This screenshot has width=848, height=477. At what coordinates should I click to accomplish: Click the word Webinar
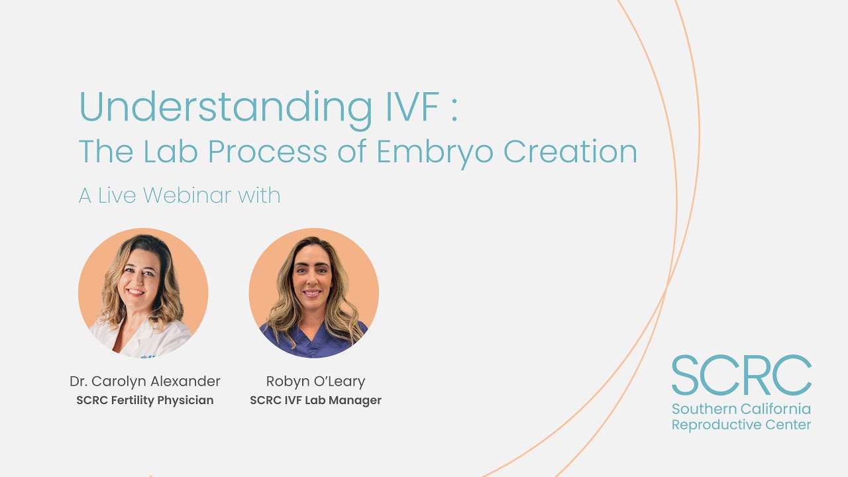187,195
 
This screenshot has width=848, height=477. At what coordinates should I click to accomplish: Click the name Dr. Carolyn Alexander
144,382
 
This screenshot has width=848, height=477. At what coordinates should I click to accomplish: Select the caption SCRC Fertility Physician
144,401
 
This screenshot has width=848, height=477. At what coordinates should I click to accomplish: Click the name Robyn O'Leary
315,382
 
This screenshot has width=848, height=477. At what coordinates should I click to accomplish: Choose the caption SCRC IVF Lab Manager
315,401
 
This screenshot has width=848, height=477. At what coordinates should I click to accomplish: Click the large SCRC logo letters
741,376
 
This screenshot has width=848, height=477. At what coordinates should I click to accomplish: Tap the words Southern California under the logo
741,409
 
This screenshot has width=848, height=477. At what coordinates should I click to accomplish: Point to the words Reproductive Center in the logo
741,425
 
